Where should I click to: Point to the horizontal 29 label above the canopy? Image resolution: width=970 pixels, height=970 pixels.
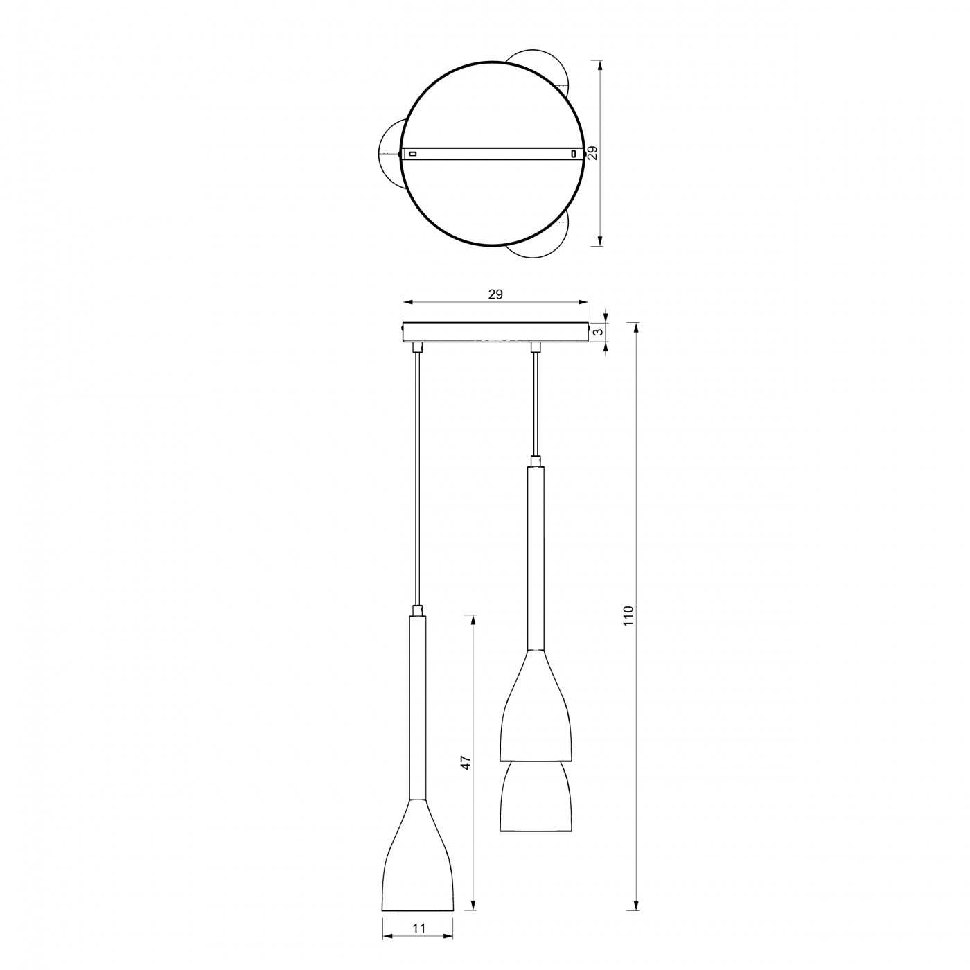pyautogui.click(x=495, y=294)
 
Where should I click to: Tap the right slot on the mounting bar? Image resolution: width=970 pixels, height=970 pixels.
pyautogui.click(x=574, y=154)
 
